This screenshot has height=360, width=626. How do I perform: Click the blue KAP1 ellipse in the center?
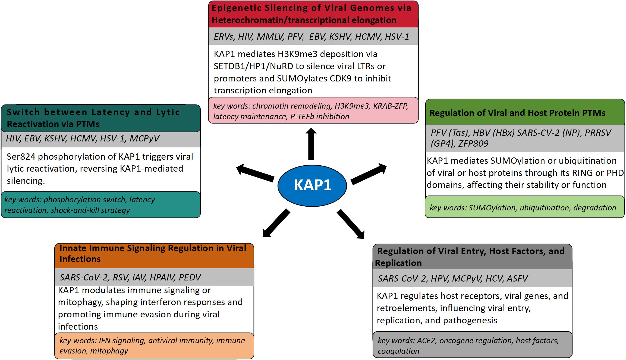[312, 186]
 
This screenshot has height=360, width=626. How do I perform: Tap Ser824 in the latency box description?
[21, 157]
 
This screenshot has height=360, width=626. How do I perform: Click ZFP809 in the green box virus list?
[473, 144]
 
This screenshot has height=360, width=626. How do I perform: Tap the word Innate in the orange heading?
[73, 248]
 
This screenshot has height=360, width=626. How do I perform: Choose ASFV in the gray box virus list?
[517, 279]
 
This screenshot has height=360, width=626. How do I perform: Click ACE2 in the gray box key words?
[426, 340]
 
